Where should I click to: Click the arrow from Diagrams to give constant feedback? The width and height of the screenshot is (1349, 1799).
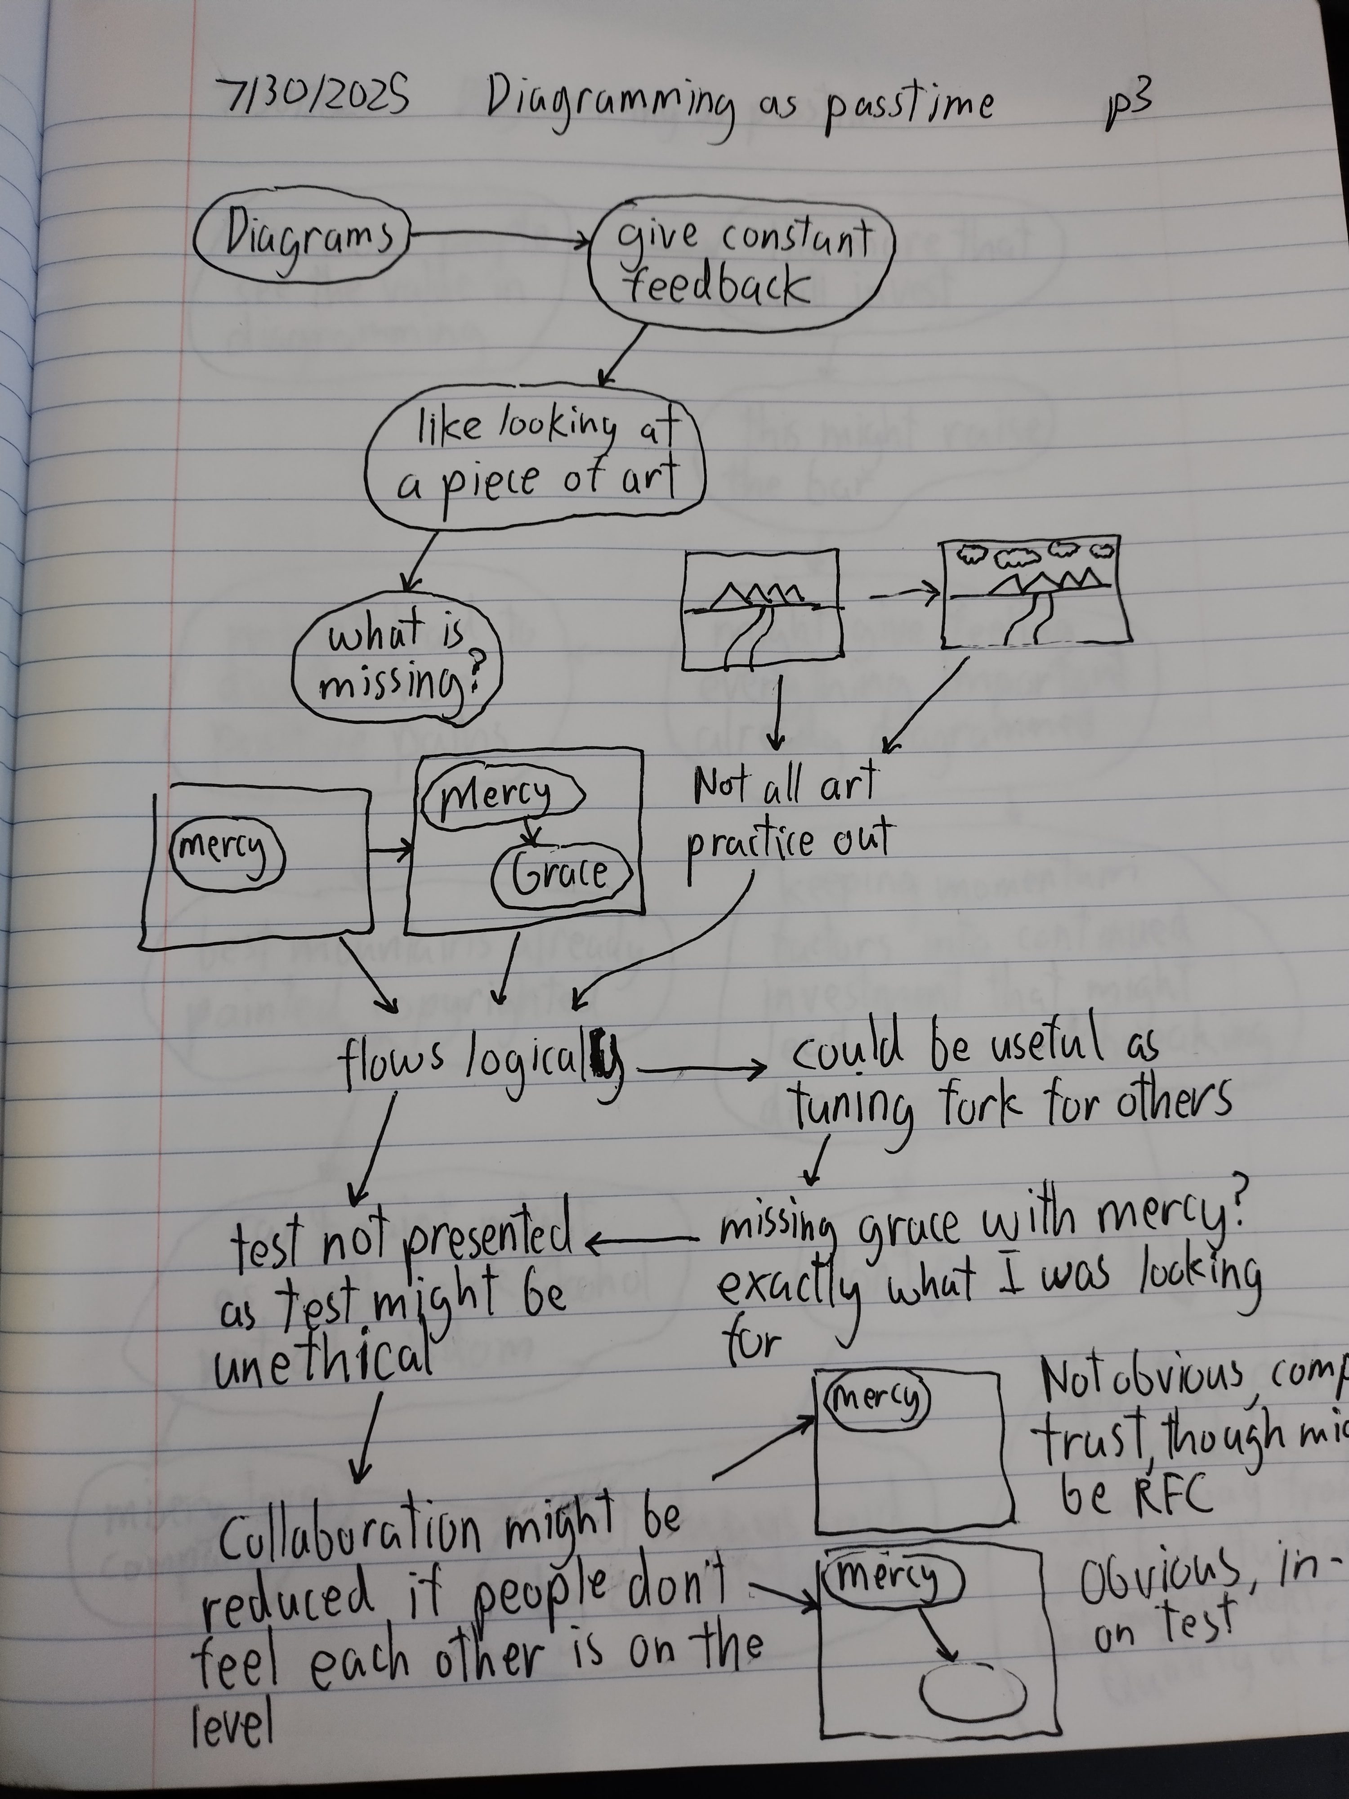click(x=500, y=237)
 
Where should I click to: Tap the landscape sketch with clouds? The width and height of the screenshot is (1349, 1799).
click(x=1037, y=591)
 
